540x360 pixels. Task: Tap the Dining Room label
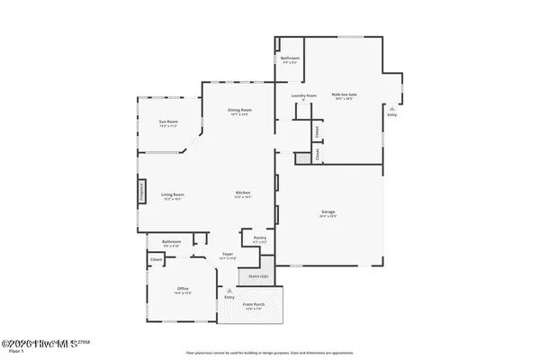tap(239, 110)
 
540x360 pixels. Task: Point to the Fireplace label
tap(141, 192)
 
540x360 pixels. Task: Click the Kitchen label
tap(242, 194)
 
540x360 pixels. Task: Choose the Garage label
tap(328, 212)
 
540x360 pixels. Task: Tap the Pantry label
tap(259, 238)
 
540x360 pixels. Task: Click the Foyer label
tap(229, 255)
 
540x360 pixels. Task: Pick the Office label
tap(183, 289)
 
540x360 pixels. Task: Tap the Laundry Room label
tap(303, 94)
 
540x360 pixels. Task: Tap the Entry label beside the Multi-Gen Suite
tap(391, 114)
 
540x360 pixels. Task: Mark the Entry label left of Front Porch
tap(229, 295)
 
